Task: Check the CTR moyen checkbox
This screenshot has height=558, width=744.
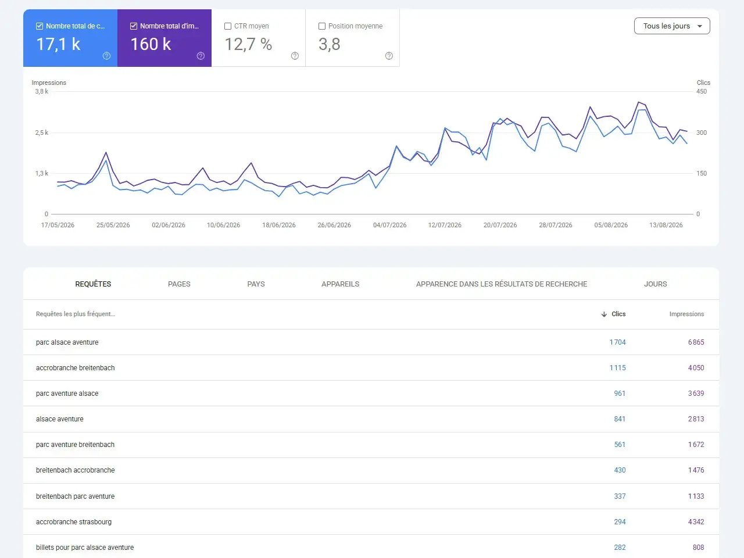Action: (x=228, y=26)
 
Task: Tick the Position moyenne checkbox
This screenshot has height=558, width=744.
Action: (x=322, y=26)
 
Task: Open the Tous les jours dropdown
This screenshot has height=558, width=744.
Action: (x=672, y=26)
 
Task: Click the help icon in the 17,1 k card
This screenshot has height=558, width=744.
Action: (x=106, y=56)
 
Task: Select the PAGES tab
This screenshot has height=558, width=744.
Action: (x=179, y=284)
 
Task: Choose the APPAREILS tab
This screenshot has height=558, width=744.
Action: (x=340, y=284)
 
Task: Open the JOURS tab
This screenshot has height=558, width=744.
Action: (x=655, y=284)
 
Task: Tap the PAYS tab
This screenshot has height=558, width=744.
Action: (x=256, y=284)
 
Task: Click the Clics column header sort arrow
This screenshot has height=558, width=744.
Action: (x=604, y=314)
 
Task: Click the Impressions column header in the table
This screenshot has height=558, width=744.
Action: (x=686, y=314)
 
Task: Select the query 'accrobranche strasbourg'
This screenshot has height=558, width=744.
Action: (x=74, y=522)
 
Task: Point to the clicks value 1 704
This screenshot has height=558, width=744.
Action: (x=617, y=342)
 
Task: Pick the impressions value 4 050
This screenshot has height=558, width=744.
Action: (x=696, y=368)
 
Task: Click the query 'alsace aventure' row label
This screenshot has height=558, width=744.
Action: (x=60, y=419)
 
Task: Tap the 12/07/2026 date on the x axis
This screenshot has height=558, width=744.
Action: (x=445, y=225)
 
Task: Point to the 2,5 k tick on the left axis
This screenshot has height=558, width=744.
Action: (x=42, y=133)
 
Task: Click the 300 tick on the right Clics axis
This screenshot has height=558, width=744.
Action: (x=702, y=133)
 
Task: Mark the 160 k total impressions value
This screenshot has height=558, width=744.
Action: (x=151, y=44)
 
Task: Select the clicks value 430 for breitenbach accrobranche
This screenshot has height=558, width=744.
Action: (x=620, y=470)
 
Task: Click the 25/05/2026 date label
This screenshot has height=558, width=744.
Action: (x=113, y=225)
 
